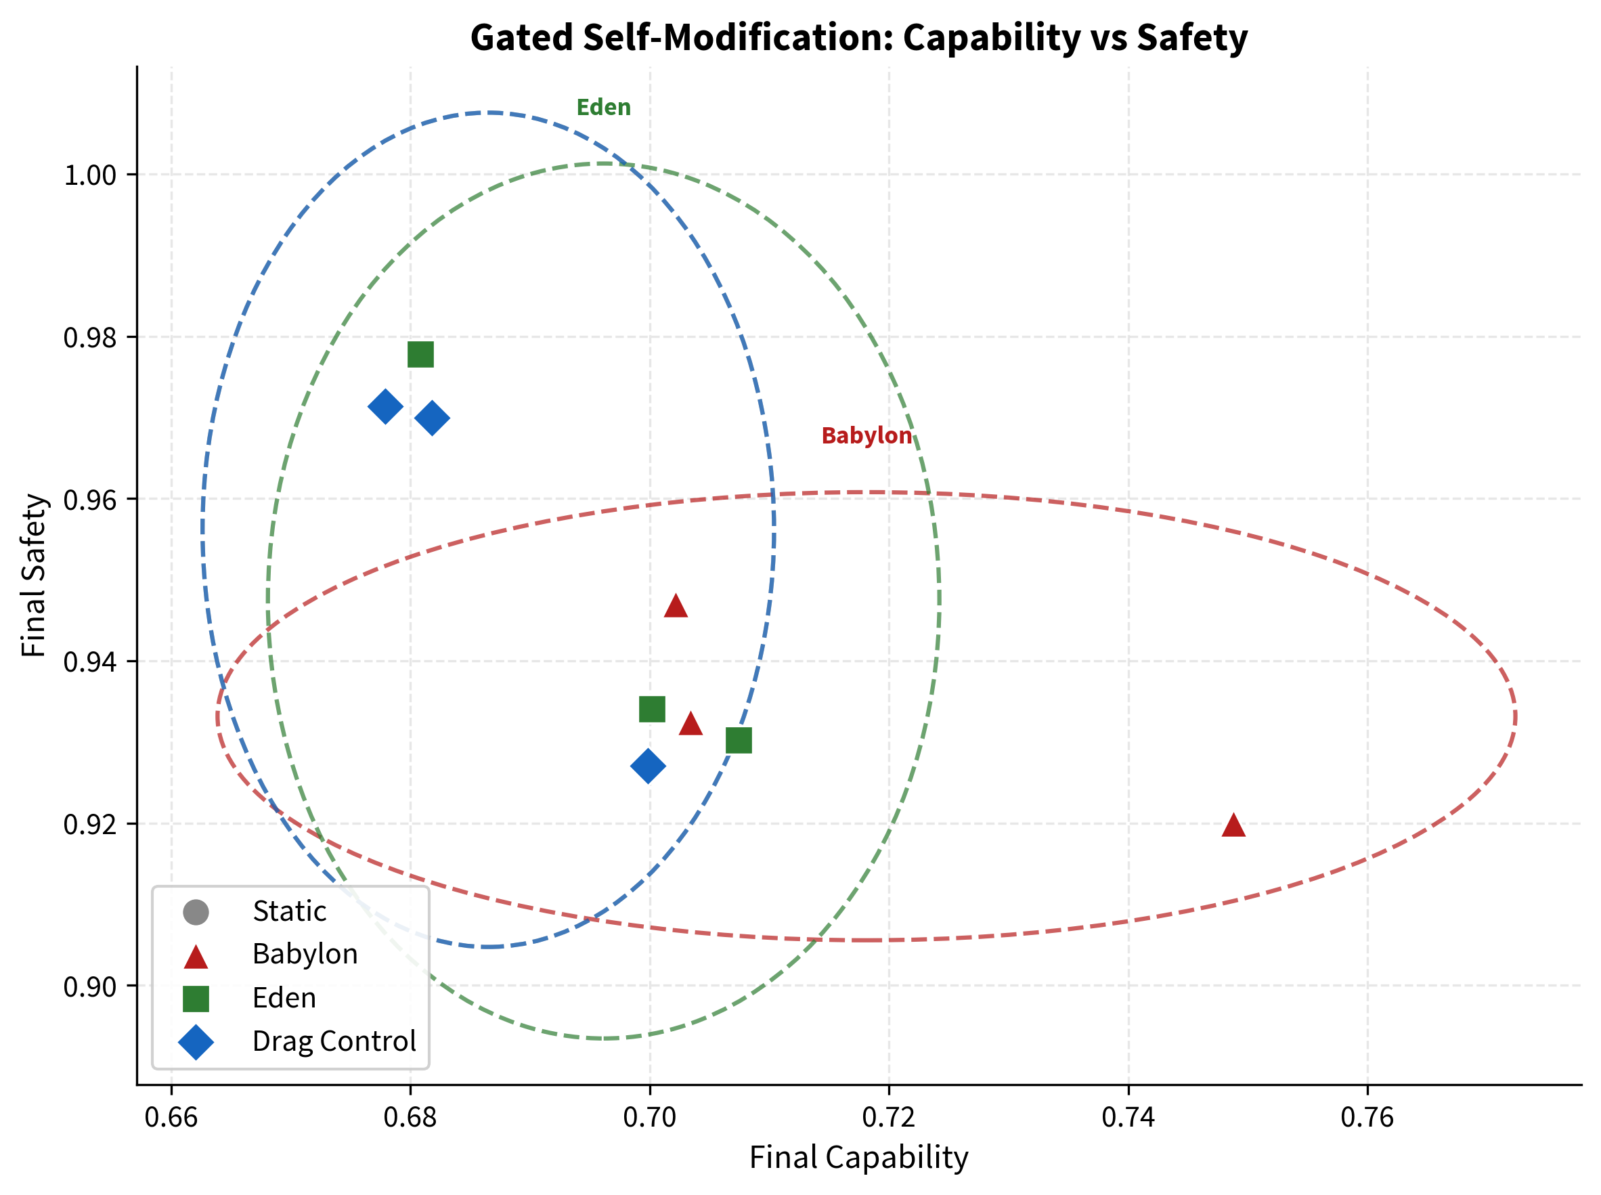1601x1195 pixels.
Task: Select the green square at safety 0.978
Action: click(x=420, y=355)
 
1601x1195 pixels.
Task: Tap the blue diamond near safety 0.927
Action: click(x=648, y=766)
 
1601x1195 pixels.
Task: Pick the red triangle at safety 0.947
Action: click(x=676, y=607)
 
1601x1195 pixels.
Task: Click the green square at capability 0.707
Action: click(x=739, y=740)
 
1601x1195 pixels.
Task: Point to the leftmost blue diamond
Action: click(x=385, y=406)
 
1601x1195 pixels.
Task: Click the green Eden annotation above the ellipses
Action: click(x=603, y=108)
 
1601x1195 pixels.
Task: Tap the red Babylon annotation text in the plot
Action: click(x=867, y=435)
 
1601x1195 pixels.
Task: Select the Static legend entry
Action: click(x=289, y=911)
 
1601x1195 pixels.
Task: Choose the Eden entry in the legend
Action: click(x=284, y=998)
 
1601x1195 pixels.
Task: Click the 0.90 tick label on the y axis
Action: click(x=89, y=986)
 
